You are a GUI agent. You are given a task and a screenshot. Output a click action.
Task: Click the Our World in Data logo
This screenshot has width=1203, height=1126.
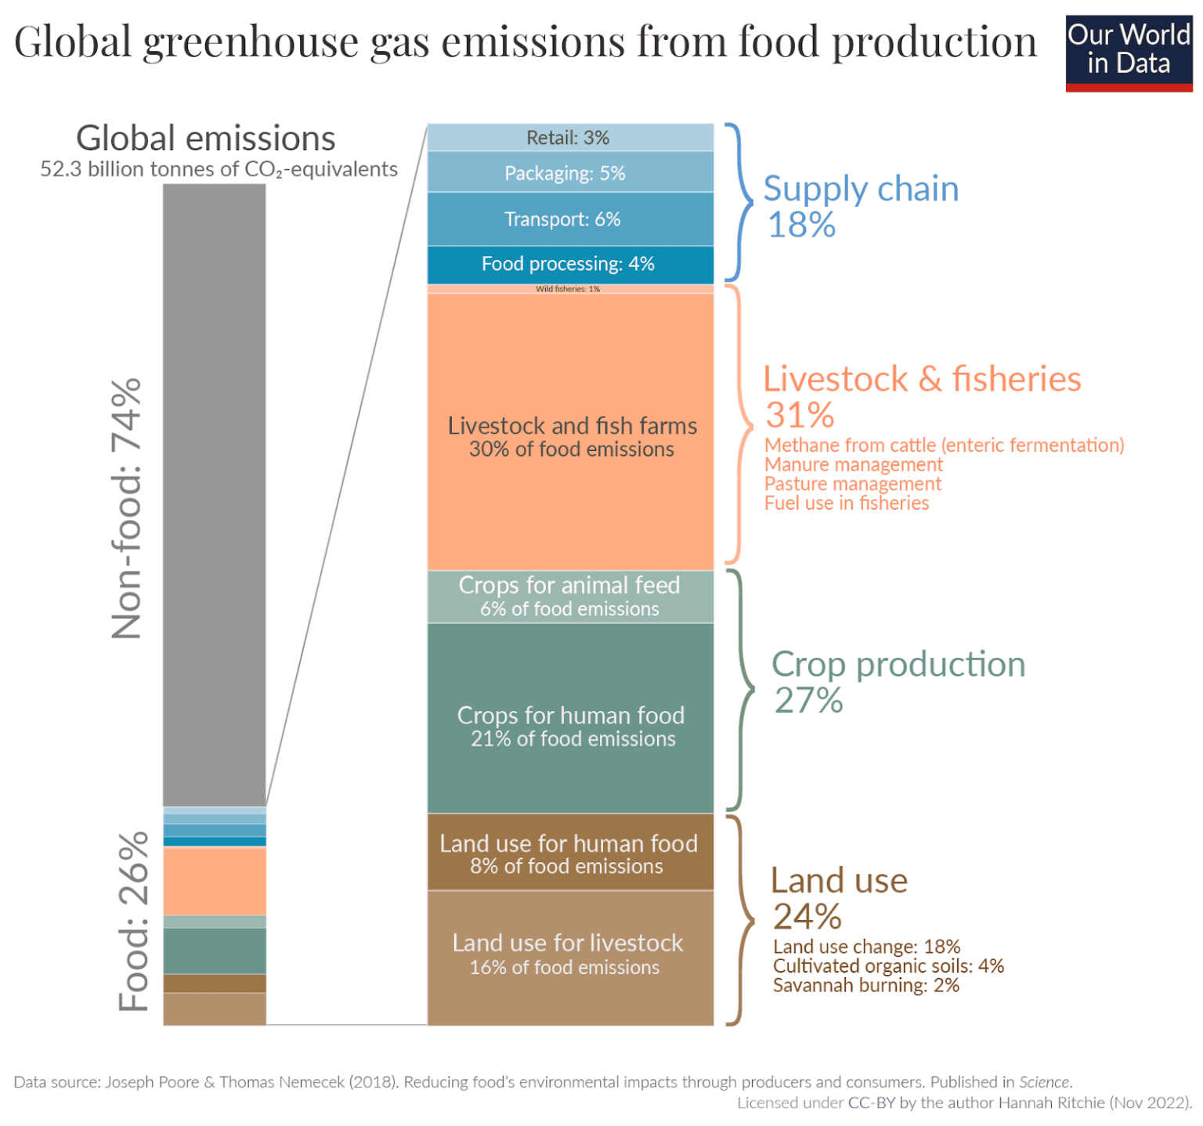coord(1128,52)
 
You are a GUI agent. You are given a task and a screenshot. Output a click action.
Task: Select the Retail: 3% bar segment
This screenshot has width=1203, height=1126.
coord(569,138)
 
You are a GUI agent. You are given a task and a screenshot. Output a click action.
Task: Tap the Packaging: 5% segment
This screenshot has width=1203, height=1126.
coord(569,173)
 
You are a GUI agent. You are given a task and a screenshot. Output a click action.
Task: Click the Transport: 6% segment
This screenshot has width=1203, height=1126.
coord(569,219)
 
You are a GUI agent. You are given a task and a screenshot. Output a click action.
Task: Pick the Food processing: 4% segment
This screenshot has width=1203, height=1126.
coord(569,264)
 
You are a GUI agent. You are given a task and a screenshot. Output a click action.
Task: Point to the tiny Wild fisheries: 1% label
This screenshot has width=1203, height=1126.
coord(568,289)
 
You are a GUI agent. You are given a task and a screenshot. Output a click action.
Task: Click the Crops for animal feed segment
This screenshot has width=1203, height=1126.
coord(569,597)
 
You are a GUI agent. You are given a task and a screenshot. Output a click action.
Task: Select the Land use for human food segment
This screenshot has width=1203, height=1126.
coord(569,854)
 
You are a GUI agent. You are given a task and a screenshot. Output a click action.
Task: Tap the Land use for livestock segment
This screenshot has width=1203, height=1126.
coord(569,955)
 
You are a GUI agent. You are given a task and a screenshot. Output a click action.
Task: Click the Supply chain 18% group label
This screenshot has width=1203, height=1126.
coord(860,205)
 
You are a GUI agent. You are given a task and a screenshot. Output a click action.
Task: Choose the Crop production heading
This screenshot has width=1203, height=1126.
coord(898,664)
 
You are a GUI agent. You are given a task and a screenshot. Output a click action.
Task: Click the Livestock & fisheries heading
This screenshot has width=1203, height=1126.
coord(921,379)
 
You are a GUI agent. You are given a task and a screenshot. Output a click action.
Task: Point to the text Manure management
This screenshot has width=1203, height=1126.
coord(854,464)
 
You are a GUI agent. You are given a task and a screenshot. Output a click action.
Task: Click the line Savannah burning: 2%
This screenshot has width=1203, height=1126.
coord(865,985)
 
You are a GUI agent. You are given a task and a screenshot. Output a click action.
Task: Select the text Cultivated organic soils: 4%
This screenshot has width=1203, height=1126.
coord(888,965)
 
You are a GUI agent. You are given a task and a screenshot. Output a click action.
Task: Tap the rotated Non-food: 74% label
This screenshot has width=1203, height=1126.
coord(127,509)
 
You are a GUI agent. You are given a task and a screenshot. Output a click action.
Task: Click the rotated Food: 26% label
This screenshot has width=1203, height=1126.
coord(133,921)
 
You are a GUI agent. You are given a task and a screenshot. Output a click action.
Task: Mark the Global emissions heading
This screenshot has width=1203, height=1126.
coord(206,139)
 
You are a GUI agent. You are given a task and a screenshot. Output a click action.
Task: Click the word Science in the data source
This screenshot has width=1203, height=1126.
coord(1044,1082)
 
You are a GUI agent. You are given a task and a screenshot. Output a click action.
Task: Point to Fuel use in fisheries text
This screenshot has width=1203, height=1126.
coord(846,503)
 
